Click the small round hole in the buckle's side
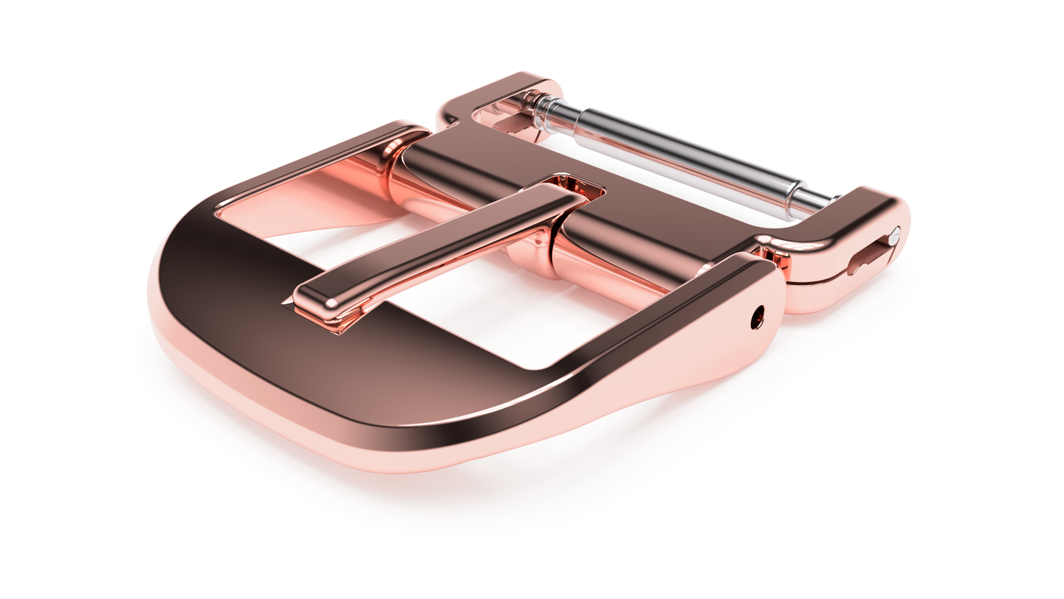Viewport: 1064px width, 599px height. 756,318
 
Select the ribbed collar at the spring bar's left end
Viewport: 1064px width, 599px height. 543,114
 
